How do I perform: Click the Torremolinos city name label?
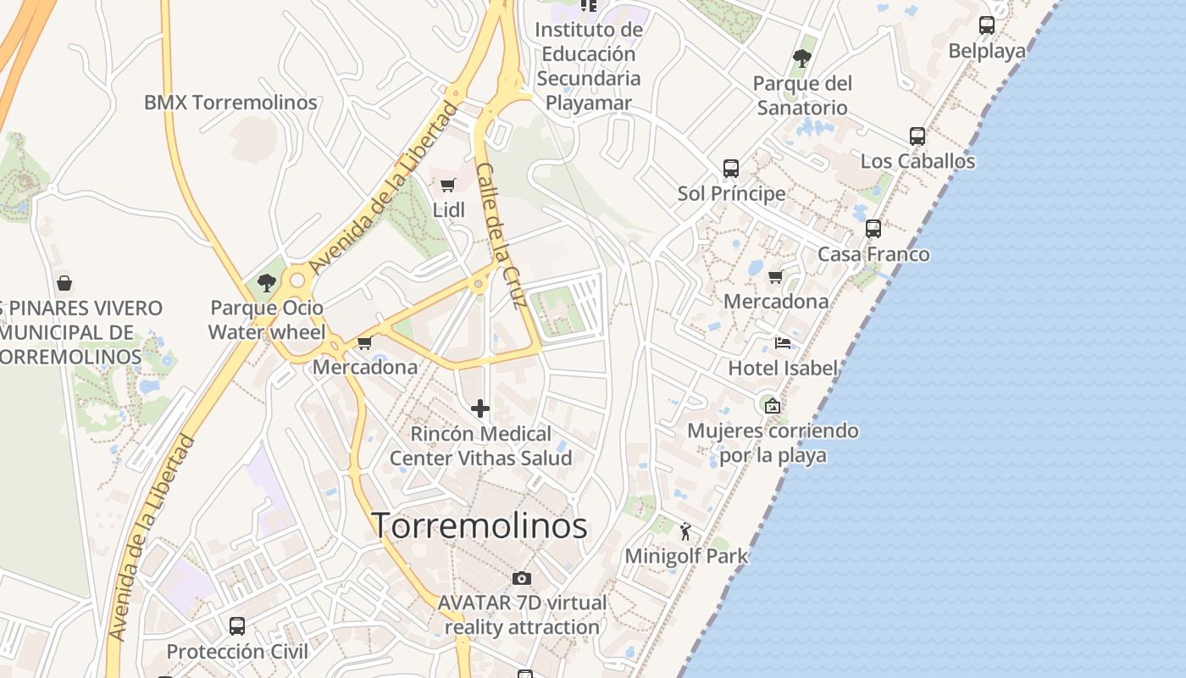(479, 525)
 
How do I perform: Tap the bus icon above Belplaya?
(987, 25)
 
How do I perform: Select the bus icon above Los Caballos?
(917, 136)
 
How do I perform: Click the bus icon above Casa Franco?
(873, 229)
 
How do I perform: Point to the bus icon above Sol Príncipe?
(731, 169)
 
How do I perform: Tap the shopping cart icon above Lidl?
(448, 185)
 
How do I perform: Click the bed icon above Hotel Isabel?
(783, 343)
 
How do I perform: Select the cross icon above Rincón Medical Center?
(480, 408)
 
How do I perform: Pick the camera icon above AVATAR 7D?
(522, 578)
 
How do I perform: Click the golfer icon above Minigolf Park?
(685, 531)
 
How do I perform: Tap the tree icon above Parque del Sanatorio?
(802, 58)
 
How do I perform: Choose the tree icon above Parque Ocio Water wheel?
(267, 282)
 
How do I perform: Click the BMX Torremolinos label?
(230, 103)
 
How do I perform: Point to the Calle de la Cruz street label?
(502, 236)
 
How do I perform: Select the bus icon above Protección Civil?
(237, 626)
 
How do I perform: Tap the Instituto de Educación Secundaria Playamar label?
(589, 66)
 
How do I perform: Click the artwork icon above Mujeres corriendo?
(772, 406)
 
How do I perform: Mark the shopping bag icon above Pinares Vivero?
(64, 282)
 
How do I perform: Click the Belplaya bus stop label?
(987, 51)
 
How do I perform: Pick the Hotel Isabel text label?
(783, 368)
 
